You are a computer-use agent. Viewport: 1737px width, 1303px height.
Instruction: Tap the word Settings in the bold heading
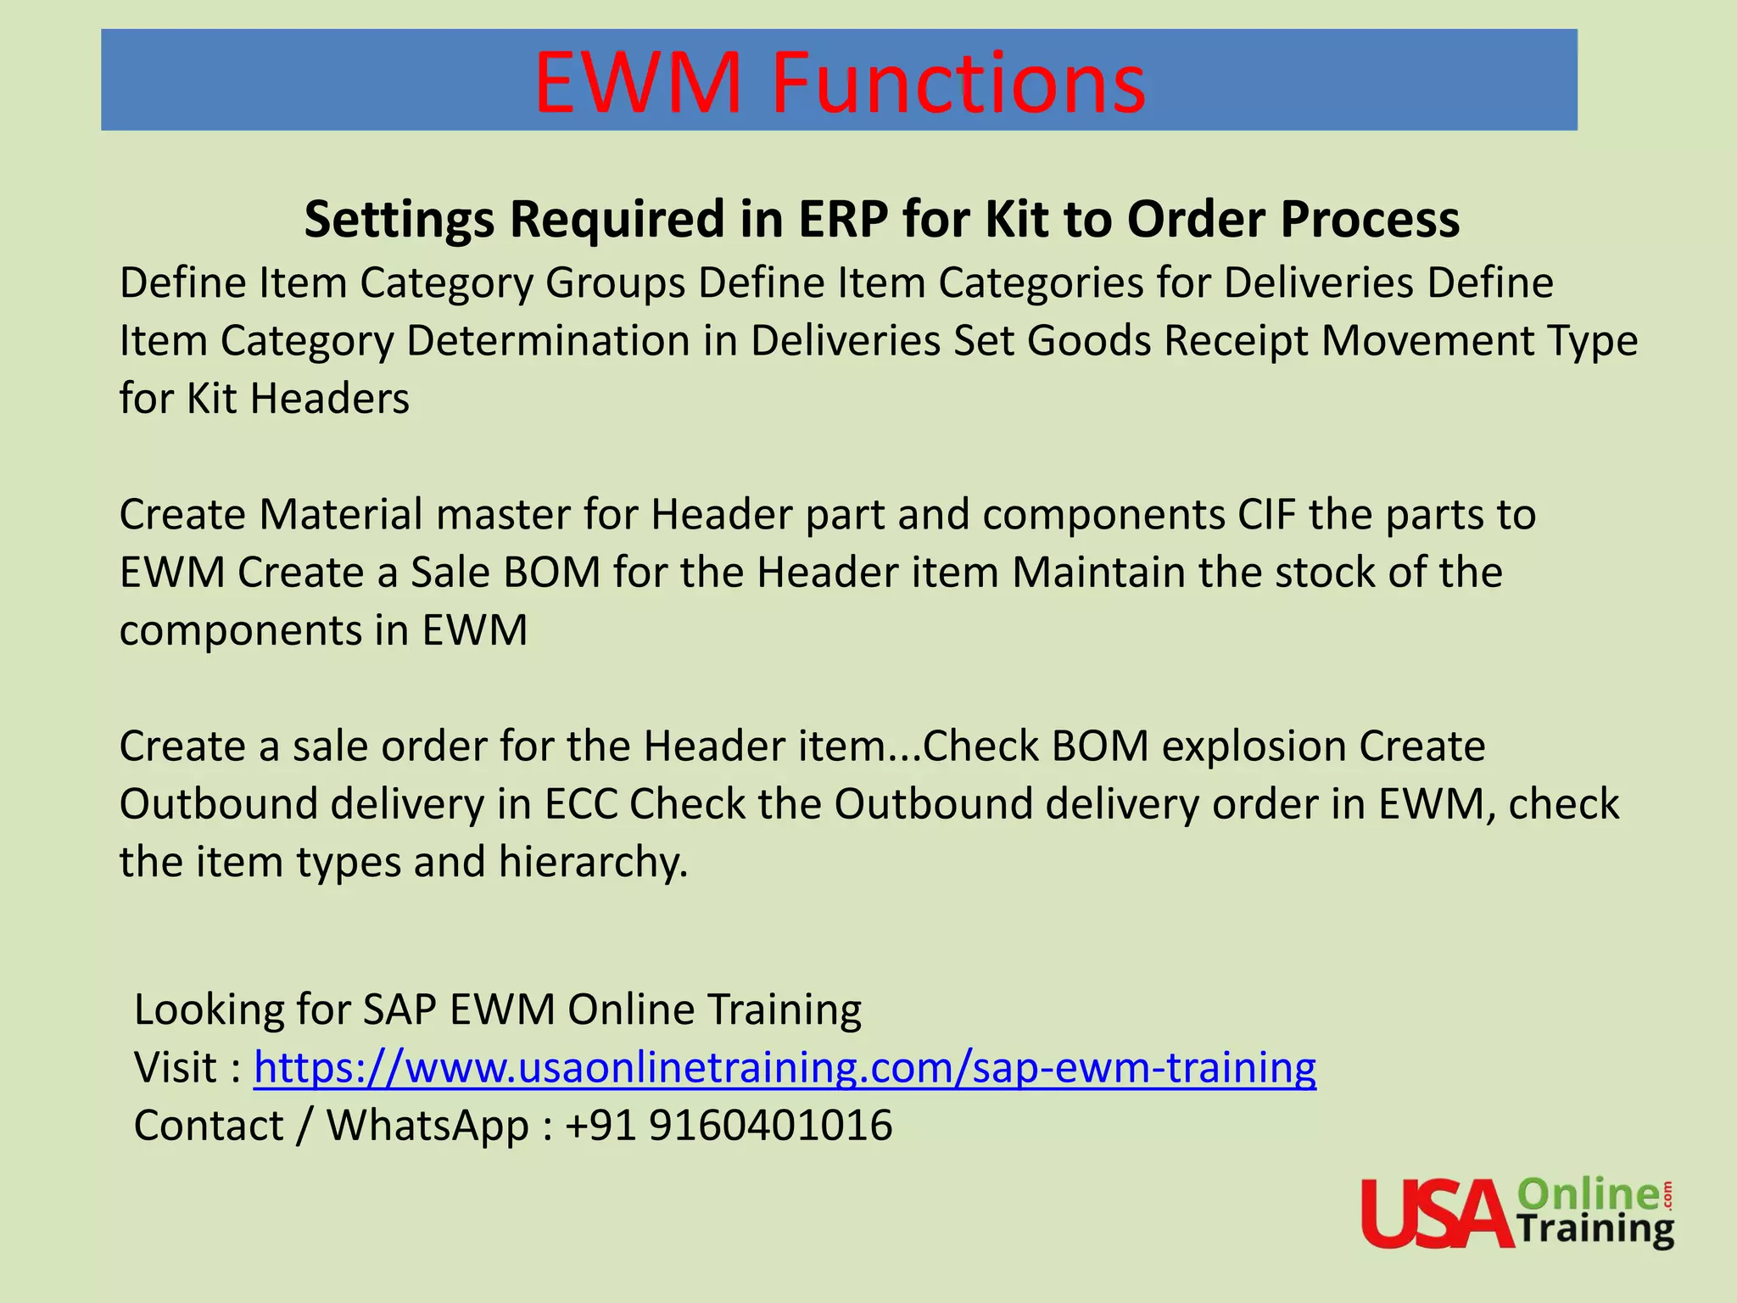398,219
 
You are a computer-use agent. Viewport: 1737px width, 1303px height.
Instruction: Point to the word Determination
548,341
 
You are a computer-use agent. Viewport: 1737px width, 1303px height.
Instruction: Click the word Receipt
1236,341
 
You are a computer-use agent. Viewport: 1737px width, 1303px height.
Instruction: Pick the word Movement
1427,341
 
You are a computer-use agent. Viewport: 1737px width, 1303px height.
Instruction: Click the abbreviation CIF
1266,514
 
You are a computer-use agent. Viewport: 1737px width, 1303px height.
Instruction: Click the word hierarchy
592,862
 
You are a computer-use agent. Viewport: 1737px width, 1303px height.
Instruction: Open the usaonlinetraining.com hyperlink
785,1067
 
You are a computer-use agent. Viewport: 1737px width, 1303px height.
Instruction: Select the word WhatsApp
428,1126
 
